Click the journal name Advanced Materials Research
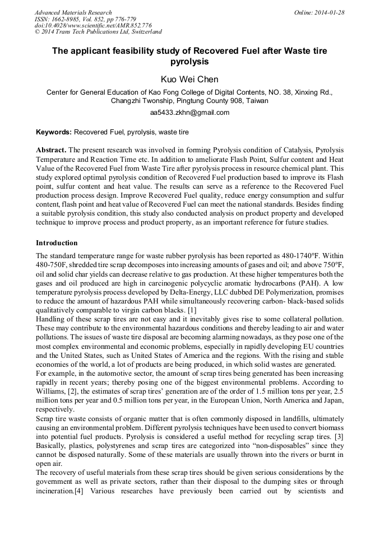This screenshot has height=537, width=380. [73, 12]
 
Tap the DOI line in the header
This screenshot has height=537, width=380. [93, 26]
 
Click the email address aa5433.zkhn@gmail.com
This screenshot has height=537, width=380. [189, 113]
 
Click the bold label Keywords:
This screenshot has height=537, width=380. [54, 133]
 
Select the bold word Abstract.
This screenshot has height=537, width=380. [51, 151]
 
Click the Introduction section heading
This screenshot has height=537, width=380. [57, 243]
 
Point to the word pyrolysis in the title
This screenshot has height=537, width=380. [189, 62]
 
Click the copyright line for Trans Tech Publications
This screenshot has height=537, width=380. [98, 32]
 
